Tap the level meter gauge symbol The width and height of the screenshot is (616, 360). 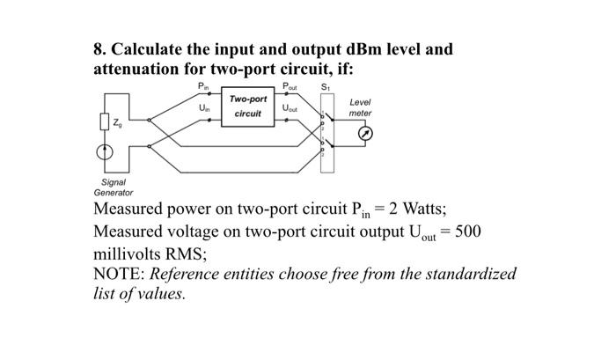369,134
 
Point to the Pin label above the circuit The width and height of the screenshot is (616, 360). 203,87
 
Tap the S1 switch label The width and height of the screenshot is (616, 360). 327,86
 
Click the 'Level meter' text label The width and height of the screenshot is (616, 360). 360,107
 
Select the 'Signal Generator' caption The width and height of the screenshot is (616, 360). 114,187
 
